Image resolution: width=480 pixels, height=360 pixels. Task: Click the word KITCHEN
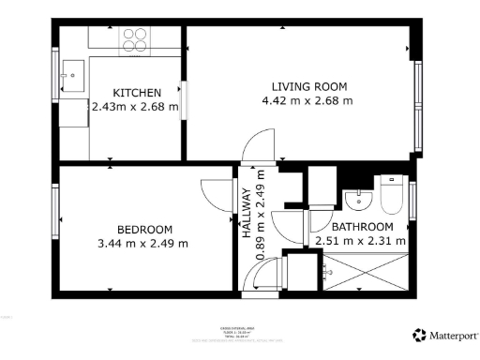click(x=137, y=93)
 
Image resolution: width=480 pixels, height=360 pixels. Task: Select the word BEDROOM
click(x=144, y=230)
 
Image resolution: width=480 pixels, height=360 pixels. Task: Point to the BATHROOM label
click(x=362, y=227)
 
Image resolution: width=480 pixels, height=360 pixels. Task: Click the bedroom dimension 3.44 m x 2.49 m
click(x=145, y=244)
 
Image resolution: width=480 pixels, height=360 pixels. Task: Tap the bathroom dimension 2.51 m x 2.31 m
click(x=362, y=241)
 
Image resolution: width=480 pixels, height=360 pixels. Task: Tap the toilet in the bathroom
click(x=392, y=195)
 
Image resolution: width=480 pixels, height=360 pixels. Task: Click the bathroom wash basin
click(x=356, y=200)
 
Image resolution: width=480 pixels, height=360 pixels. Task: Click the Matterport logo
click(x=444, y=335)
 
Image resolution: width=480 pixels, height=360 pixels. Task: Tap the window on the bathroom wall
click(x=412, y=202)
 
